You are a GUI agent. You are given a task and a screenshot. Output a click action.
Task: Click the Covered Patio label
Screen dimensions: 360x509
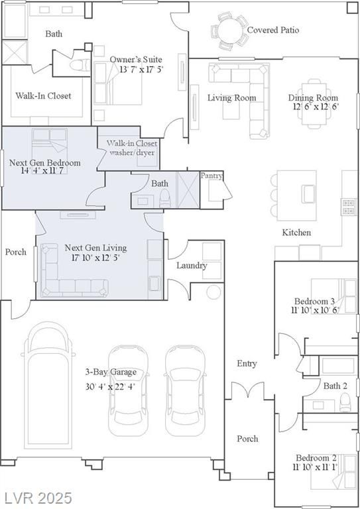click(273, 30)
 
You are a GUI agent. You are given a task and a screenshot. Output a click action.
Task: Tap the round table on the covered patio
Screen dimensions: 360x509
click(230, 32)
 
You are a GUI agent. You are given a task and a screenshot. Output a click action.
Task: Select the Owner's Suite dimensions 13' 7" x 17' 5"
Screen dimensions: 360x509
click(141, 69)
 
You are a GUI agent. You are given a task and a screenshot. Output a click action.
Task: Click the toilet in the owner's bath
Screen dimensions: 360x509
click(80, 65)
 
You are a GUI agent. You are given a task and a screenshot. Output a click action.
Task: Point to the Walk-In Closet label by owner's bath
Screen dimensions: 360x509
click(43, 95)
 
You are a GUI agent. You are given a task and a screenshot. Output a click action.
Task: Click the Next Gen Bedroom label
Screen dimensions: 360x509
click(45, 162)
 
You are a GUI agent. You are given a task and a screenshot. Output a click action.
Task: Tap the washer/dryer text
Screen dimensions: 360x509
click(132, 152)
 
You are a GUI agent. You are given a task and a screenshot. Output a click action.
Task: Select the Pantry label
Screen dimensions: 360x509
click(211, 176)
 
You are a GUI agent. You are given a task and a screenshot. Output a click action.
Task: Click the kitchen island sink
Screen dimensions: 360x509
click(308, 194)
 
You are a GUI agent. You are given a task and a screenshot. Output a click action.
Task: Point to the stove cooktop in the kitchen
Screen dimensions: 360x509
click(348, 207)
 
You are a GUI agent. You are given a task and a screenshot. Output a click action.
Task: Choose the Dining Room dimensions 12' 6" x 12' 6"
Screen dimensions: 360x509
click(316, 107)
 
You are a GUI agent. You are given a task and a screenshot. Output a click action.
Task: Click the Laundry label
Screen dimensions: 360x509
click(192, 266)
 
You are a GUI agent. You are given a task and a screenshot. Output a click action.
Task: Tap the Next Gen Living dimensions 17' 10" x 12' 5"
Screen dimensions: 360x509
click(95, 258)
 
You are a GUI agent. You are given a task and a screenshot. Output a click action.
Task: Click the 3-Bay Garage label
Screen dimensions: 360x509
click(111, 372)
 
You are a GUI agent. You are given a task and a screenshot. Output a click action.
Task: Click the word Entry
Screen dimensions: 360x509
click(247, 364)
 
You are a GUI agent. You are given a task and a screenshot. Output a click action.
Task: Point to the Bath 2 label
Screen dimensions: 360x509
click(335, 386)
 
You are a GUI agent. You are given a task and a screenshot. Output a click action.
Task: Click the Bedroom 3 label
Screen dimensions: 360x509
click(314, 302)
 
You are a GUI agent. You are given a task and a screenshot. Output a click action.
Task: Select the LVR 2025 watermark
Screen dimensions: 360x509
click(38, 498)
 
